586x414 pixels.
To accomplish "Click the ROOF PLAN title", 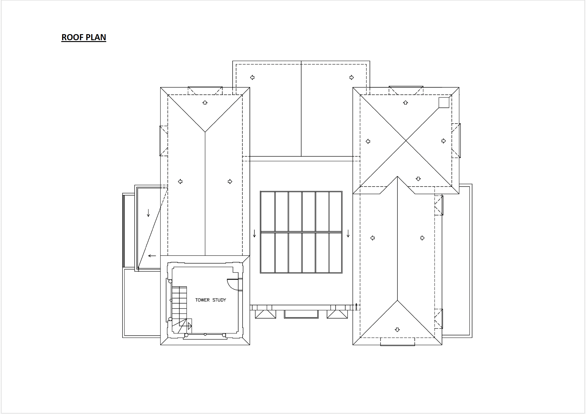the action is tap(84, 37).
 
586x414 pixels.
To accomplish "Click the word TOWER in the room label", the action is tap(202, 300).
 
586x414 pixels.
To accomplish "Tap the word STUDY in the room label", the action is tap(219, 300).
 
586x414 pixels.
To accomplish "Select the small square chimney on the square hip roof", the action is tap(444, 102).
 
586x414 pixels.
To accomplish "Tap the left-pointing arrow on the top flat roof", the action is tap(252, 77).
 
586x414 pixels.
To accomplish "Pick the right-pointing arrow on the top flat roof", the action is tap(352, 77).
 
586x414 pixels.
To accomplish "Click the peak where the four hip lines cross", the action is tap(406, 141).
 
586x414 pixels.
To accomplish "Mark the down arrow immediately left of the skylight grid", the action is tap(254, 233).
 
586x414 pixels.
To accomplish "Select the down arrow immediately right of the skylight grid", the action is tap(348, 233).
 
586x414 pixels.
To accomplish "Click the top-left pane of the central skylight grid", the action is tap(268, 212).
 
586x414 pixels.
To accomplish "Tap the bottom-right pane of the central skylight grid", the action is tap(335, 253).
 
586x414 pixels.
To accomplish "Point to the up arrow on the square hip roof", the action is tap(406, 103).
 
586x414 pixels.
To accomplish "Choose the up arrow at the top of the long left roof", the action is tap(205, 103).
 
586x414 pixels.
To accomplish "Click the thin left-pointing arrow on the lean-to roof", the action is tap(152, 256).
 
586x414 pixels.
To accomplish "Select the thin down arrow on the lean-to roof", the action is tap(148, 213).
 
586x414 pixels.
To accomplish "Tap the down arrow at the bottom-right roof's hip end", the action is tap(397, 330).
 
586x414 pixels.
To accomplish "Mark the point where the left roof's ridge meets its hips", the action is tap(205, 132).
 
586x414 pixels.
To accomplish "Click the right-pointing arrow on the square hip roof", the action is tap(444, 141).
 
